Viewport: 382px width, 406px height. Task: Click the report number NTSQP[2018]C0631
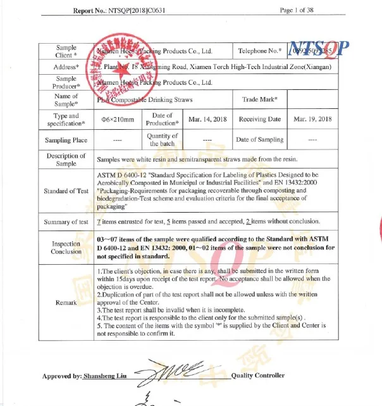click(x=142, y=11)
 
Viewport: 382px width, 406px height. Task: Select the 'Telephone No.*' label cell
click(x=259, y=51)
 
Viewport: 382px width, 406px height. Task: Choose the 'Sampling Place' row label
click(x=66, y=140)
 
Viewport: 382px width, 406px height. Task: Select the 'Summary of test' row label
click(x=66, y=222)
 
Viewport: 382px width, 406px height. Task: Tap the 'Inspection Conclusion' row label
click(x=66, y=248)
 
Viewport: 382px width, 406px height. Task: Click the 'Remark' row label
click(x=66, y=303)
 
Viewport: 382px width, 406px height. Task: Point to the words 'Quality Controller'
click(x=257, y=376)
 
